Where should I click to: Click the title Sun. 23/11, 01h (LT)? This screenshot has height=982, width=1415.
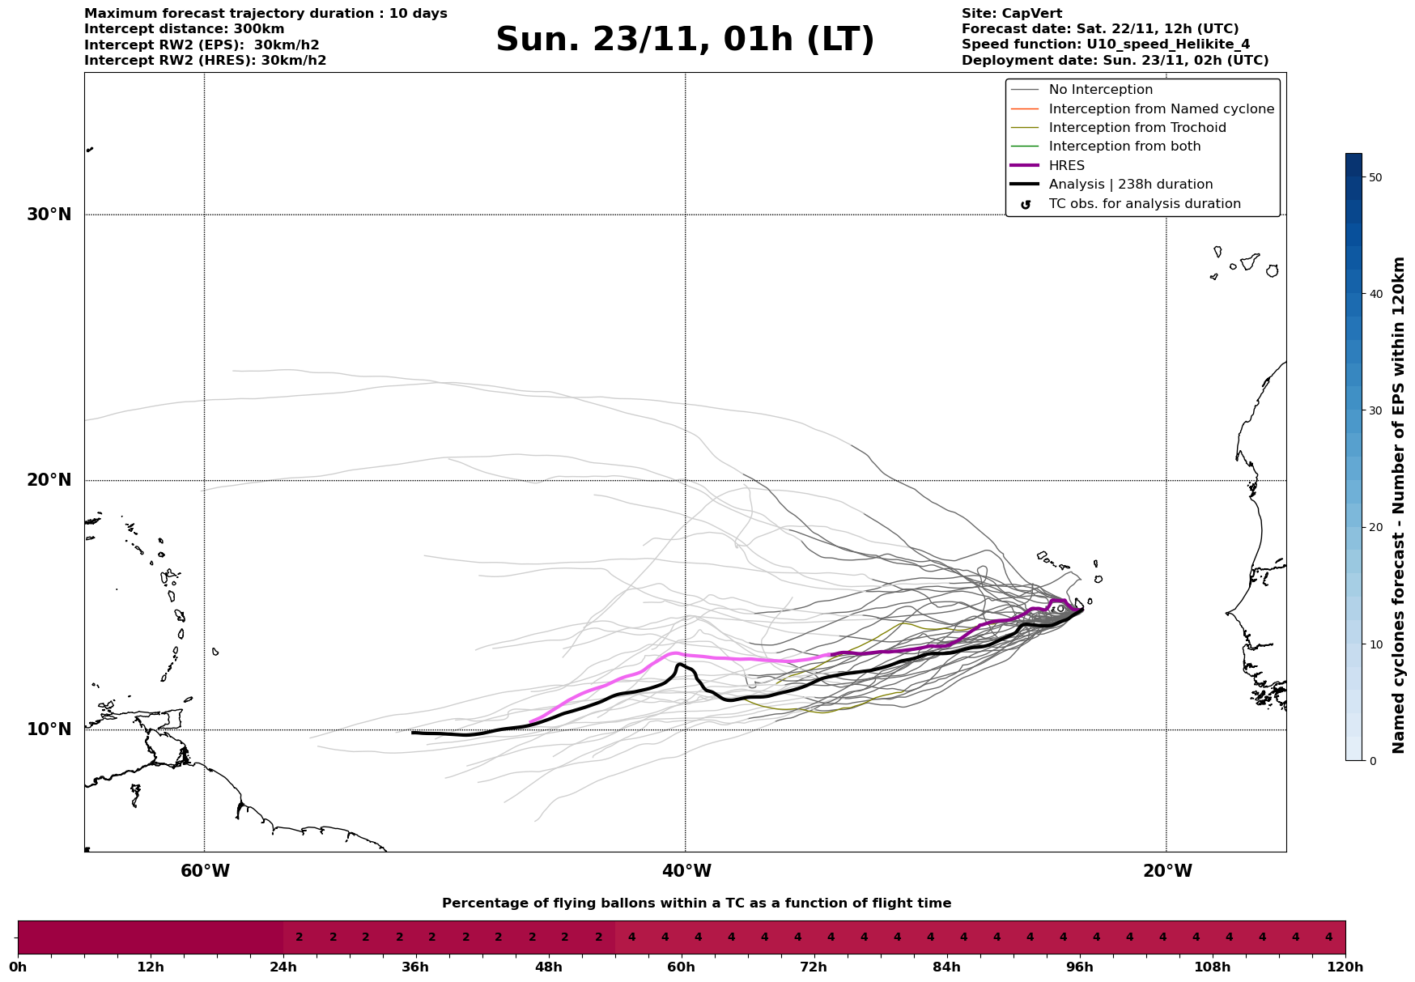tap(685, 40)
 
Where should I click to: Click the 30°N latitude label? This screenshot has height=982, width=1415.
tap(49, 215)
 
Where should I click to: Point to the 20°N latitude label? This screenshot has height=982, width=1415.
tap(49, 480)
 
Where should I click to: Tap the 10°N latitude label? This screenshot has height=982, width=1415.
tap(49, 729)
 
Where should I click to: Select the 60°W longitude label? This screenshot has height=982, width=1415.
tap(205, 871)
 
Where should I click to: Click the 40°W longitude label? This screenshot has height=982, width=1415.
tap(686, 871)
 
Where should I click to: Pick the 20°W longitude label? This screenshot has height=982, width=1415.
tap(1167, 871)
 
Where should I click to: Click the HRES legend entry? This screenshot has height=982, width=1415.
tap(1066, 166)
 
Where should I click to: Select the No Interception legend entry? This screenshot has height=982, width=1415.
tap(1100, 90)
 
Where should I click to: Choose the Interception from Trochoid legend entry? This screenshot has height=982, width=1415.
tap(1137, 128)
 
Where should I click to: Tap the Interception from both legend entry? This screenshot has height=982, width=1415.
tap(1124, 147)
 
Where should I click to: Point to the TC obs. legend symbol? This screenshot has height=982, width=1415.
tap(1026, 205)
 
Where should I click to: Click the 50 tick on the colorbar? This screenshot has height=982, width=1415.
tap(1375, 177)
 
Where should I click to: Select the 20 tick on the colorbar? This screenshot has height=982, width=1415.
tap(1375, 527)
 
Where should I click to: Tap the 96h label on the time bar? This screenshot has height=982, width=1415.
tap(1080, 967)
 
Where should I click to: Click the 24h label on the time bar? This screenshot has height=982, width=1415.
tap(283, 967)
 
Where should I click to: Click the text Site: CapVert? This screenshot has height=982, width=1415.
tap(1012, 14)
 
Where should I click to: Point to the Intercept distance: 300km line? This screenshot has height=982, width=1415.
tap(185, 29)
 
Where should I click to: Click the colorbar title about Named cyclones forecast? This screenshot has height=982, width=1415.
tap(1399, 505)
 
